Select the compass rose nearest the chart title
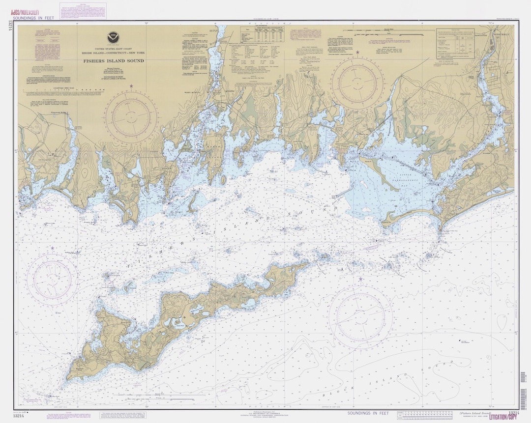point(131,118)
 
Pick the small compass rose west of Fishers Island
point(52,279)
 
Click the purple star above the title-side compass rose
point(131,86)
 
